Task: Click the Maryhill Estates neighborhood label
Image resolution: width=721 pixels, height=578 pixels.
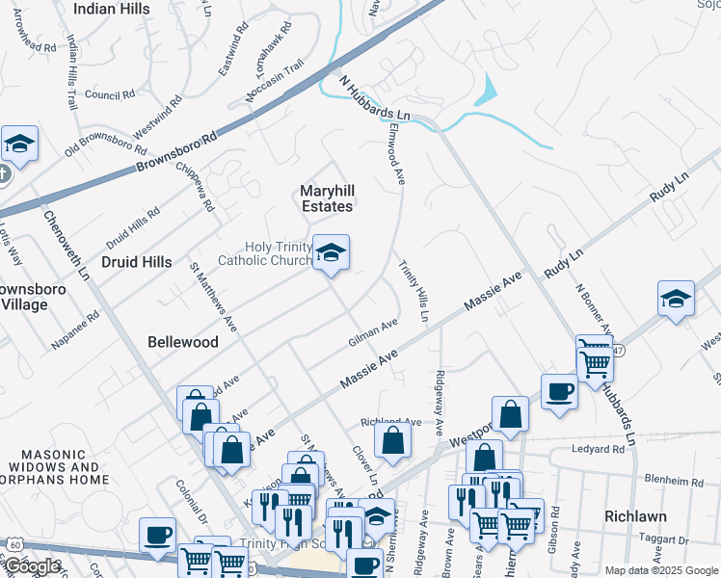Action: coord(326,197)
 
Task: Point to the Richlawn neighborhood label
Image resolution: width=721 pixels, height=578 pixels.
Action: coord(636,515)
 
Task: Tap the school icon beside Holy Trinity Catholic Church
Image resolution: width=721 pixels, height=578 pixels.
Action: coord(331,253)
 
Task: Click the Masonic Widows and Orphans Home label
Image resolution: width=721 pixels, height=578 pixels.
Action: coord(63,466)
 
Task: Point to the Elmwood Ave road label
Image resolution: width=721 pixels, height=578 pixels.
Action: coord(394,153)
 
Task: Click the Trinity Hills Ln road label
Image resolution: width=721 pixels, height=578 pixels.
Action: coord(415,293)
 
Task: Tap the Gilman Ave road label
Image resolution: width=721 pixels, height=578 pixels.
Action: coord(373,334)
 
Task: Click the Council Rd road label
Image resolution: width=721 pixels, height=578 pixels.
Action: coord(108,94)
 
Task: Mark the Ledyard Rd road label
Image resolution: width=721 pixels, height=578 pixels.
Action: coord(598,449)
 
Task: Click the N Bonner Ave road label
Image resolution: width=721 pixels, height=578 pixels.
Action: coord(592,309)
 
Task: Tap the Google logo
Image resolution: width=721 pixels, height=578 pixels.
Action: coord(32,566)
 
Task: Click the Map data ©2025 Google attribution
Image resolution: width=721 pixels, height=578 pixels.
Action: coord(660,570)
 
